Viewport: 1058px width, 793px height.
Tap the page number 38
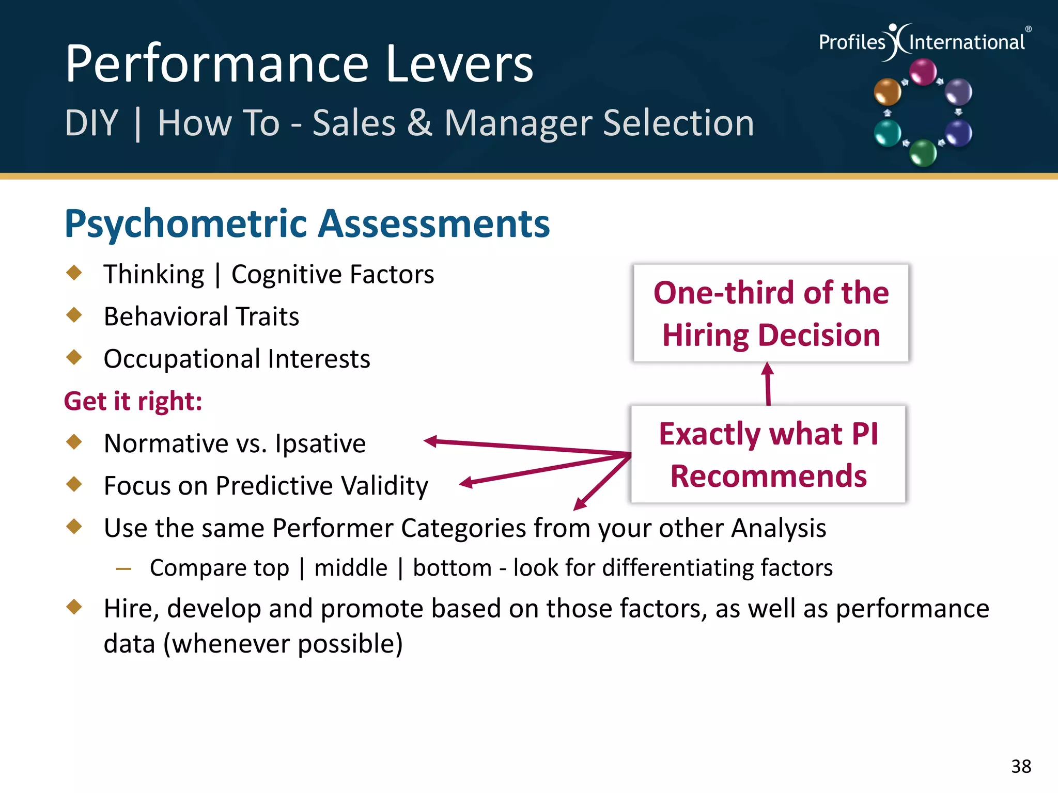1021,766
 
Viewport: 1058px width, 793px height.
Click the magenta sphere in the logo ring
923,71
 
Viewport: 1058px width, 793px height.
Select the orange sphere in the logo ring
887,92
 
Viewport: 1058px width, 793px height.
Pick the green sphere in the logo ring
923,153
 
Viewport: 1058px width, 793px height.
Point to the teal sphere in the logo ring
887,133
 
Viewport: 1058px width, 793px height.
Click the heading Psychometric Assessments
307,224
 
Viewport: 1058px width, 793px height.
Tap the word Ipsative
320,443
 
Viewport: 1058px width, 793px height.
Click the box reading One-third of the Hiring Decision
771,313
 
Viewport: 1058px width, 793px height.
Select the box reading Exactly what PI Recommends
768,454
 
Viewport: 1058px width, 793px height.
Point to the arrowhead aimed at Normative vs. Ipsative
430,441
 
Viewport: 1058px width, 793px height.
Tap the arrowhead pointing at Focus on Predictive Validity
466,483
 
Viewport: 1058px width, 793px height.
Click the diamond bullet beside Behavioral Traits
74,315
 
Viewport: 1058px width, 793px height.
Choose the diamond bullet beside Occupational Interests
74,357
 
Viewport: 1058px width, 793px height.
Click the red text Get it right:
133,401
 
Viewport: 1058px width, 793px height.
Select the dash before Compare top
123,569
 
